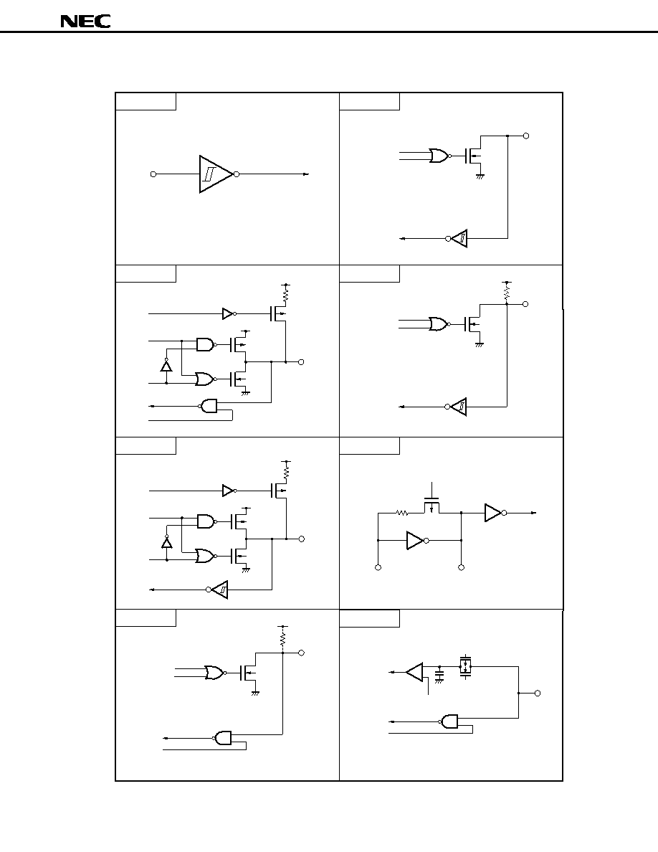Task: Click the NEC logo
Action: click(85, 22)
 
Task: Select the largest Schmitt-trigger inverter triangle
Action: click(216, 174)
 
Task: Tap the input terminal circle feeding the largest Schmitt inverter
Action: click(153, 174)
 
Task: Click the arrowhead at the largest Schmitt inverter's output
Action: click(306, 174)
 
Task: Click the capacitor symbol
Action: click(439, 673)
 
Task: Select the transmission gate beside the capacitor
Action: click(465, 666)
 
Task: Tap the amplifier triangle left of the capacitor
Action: click(415, 672)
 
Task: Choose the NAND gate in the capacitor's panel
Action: click(450, 721)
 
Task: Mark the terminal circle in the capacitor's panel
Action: click(538, 694)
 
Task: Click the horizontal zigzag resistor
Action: click(401, 512)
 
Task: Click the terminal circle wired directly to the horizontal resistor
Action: click(378, 567)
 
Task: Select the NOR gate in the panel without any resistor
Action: click(438, 156)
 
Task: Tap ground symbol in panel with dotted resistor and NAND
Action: click(254, 693)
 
